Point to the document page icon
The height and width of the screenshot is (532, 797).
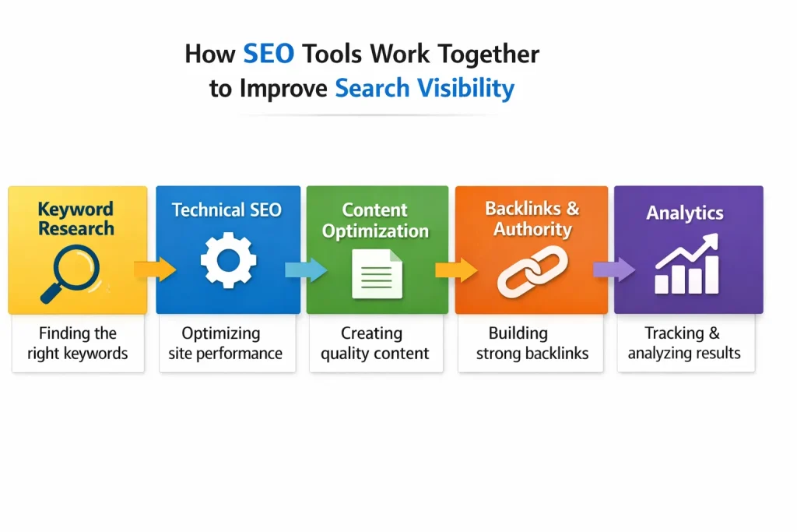tap(377, 273)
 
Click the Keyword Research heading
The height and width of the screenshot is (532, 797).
tap(76, 219)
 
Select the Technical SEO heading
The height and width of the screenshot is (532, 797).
tap(226, 210)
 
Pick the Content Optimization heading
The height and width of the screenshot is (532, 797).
tap(376, 220)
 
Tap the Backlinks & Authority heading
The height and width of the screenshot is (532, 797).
tap(532, 219)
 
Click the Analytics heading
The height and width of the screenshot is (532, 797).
tap(685, 213)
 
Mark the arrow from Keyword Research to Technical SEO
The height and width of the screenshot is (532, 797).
tap(154, 270)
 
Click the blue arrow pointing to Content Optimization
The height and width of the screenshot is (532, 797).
tap(304, 270)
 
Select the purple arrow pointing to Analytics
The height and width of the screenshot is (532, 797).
tap(611, 270)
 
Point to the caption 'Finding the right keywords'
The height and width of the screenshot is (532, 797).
tap(78, 344)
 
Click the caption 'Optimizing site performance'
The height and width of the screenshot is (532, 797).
tap(226, 344)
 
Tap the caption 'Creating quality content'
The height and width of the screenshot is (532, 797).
tap(375, 344)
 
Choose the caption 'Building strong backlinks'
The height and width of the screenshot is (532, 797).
tap(532, 344)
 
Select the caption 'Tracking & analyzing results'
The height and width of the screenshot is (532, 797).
tap(684, 344)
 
